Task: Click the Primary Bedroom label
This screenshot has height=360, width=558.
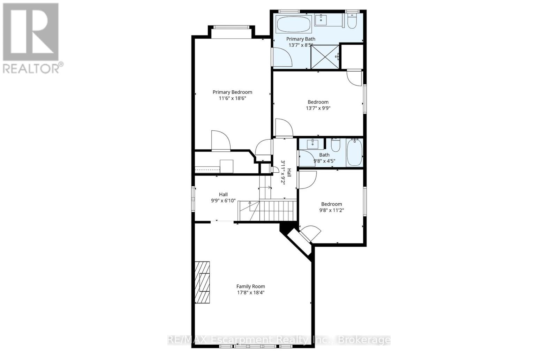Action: pyautogui.click(x=232, y=92)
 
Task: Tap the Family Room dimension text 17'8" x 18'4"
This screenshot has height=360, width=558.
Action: pyautogui.click(x=250, y=293)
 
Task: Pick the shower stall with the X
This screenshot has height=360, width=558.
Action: pyautogui.click(x=325, y=57)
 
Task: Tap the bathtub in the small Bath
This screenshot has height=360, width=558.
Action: pyautogui.click(x=354, y=153)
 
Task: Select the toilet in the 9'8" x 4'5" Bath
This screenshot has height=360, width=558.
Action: pyautogui.click(x=335, y=145)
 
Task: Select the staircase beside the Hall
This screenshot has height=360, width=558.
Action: pyautogui.click(x=277, y=210)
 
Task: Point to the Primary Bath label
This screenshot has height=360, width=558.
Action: pyautogui.click(x=301, y=39)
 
